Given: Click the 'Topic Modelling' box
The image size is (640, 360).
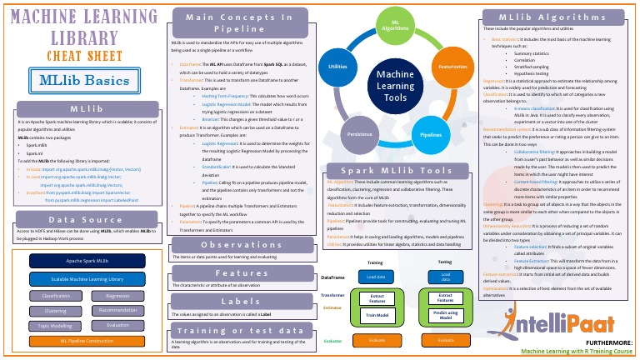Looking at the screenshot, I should coord(56,326).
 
